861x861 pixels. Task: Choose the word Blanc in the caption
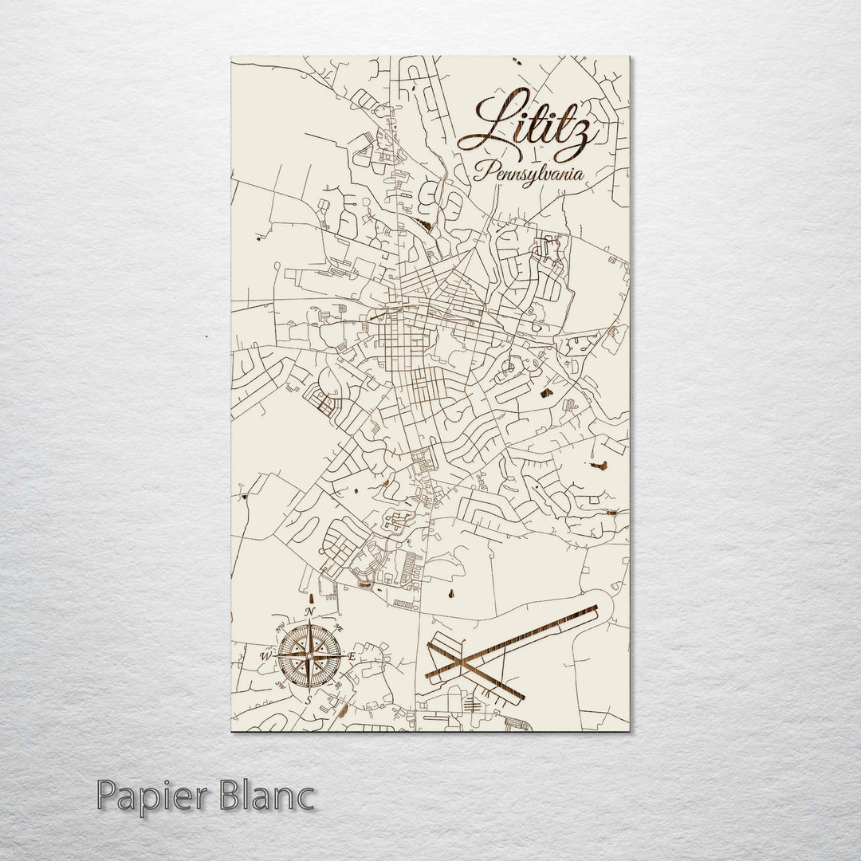(267, 796)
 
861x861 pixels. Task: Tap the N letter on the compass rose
(309, 612)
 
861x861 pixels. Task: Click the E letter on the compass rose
(351, 656)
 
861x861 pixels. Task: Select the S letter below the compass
(309, 699)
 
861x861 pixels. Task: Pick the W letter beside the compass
(265, 656)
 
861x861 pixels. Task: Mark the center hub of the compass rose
(309, 656)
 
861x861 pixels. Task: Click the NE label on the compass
(338, 627)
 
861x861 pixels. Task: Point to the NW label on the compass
(280, 628)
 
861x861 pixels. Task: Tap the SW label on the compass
(280, 685)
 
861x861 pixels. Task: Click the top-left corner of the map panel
(231, 57)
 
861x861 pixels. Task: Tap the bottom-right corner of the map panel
(629, 730)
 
